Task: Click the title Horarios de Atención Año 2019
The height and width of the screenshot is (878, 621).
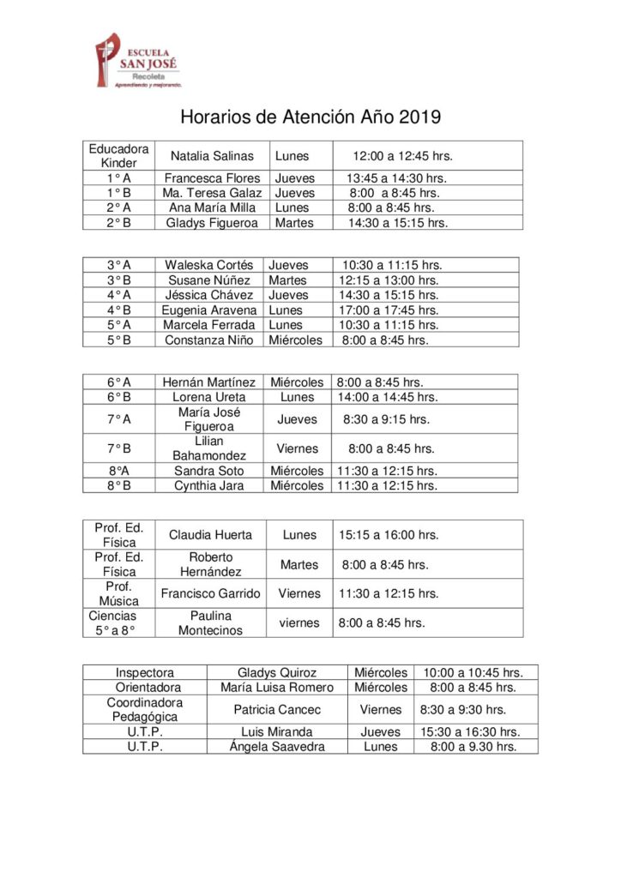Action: [x=310, y=117]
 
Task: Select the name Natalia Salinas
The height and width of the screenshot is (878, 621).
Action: [x=212, y=156]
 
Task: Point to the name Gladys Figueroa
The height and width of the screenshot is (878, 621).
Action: [x=212, y=223]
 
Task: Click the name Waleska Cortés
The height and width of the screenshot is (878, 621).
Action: [x=209, y=266]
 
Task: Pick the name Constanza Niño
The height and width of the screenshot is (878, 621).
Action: [x=209, y=340]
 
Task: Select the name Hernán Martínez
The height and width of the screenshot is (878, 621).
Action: [x=209, y=382]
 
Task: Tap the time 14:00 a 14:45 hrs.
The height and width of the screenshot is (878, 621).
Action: [x=388, y=397]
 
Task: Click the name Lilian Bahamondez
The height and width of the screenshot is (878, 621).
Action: [x=209, y=448]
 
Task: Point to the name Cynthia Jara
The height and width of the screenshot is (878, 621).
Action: [x=209, y=485]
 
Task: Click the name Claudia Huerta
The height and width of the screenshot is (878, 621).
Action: [x=210, y=535]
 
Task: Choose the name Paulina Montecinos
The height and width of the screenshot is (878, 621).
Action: [x=210, y=622]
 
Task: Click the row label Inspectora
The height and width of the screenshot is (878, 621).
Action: [x=145, y=673]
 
